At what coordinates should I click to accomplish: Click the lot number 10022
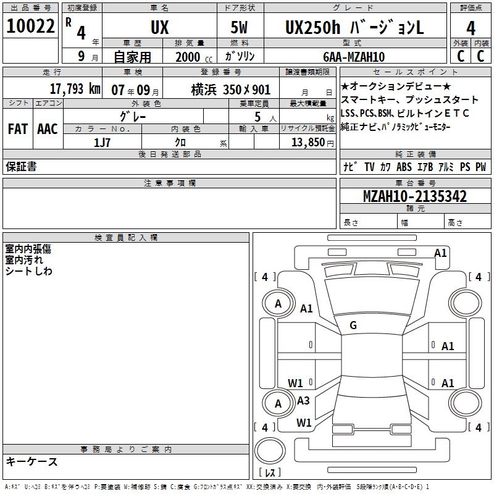pos(30,26)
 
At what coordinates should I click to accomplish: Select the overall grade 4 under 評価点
pos(471,28)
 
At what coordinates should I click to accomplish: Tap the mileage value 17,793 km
pos(75,89)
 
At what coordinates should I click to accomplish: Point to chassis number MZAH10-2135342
pos(415,196)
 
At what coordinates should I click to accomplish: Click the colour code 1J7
pos(102,143)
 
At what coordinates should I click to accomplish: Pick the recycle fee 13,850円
pos(312,143)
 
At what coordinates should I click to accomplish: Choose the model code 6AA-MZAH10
pos(354,57)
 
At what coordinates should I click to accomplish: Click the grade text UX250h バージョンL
pos(354,28)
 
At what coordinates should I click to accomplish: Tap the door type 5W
pos(239,27)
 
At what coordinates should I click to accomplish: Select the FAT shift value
pos(18,129)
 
